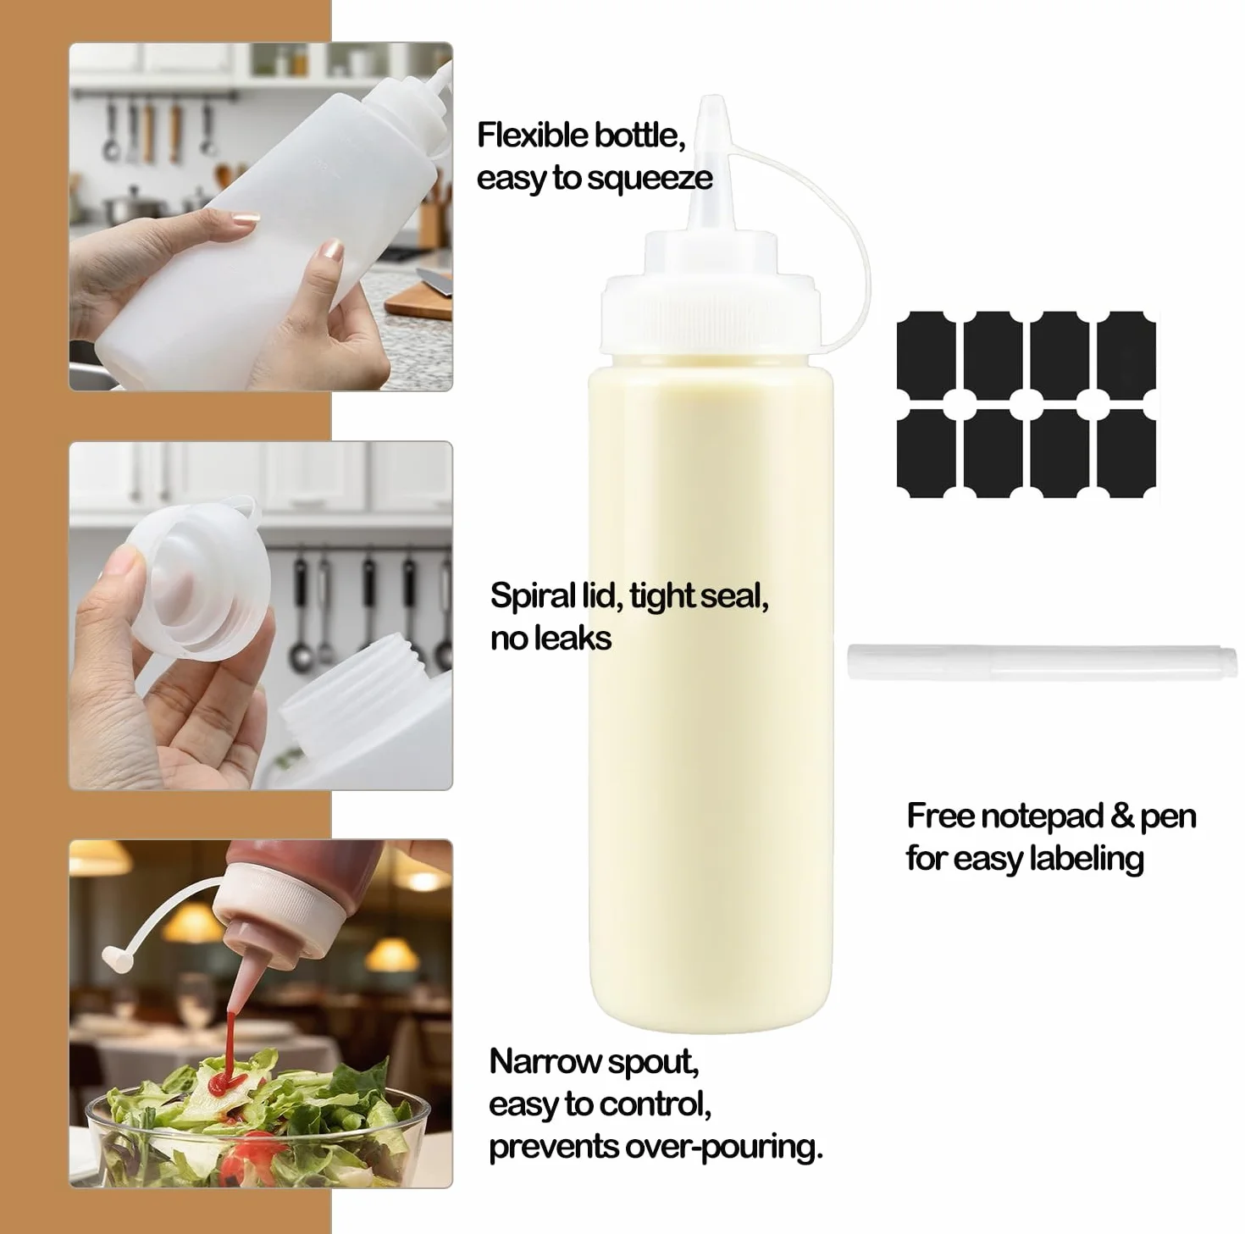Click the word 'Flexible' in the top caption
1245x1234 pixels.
tap(532, 136)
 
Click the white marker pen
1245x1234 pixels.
tap(1042, 662)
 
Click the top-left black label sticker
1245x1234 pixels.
tap(926, 351)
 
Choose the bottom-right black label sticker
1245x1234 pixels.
tap(1126, 452)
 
